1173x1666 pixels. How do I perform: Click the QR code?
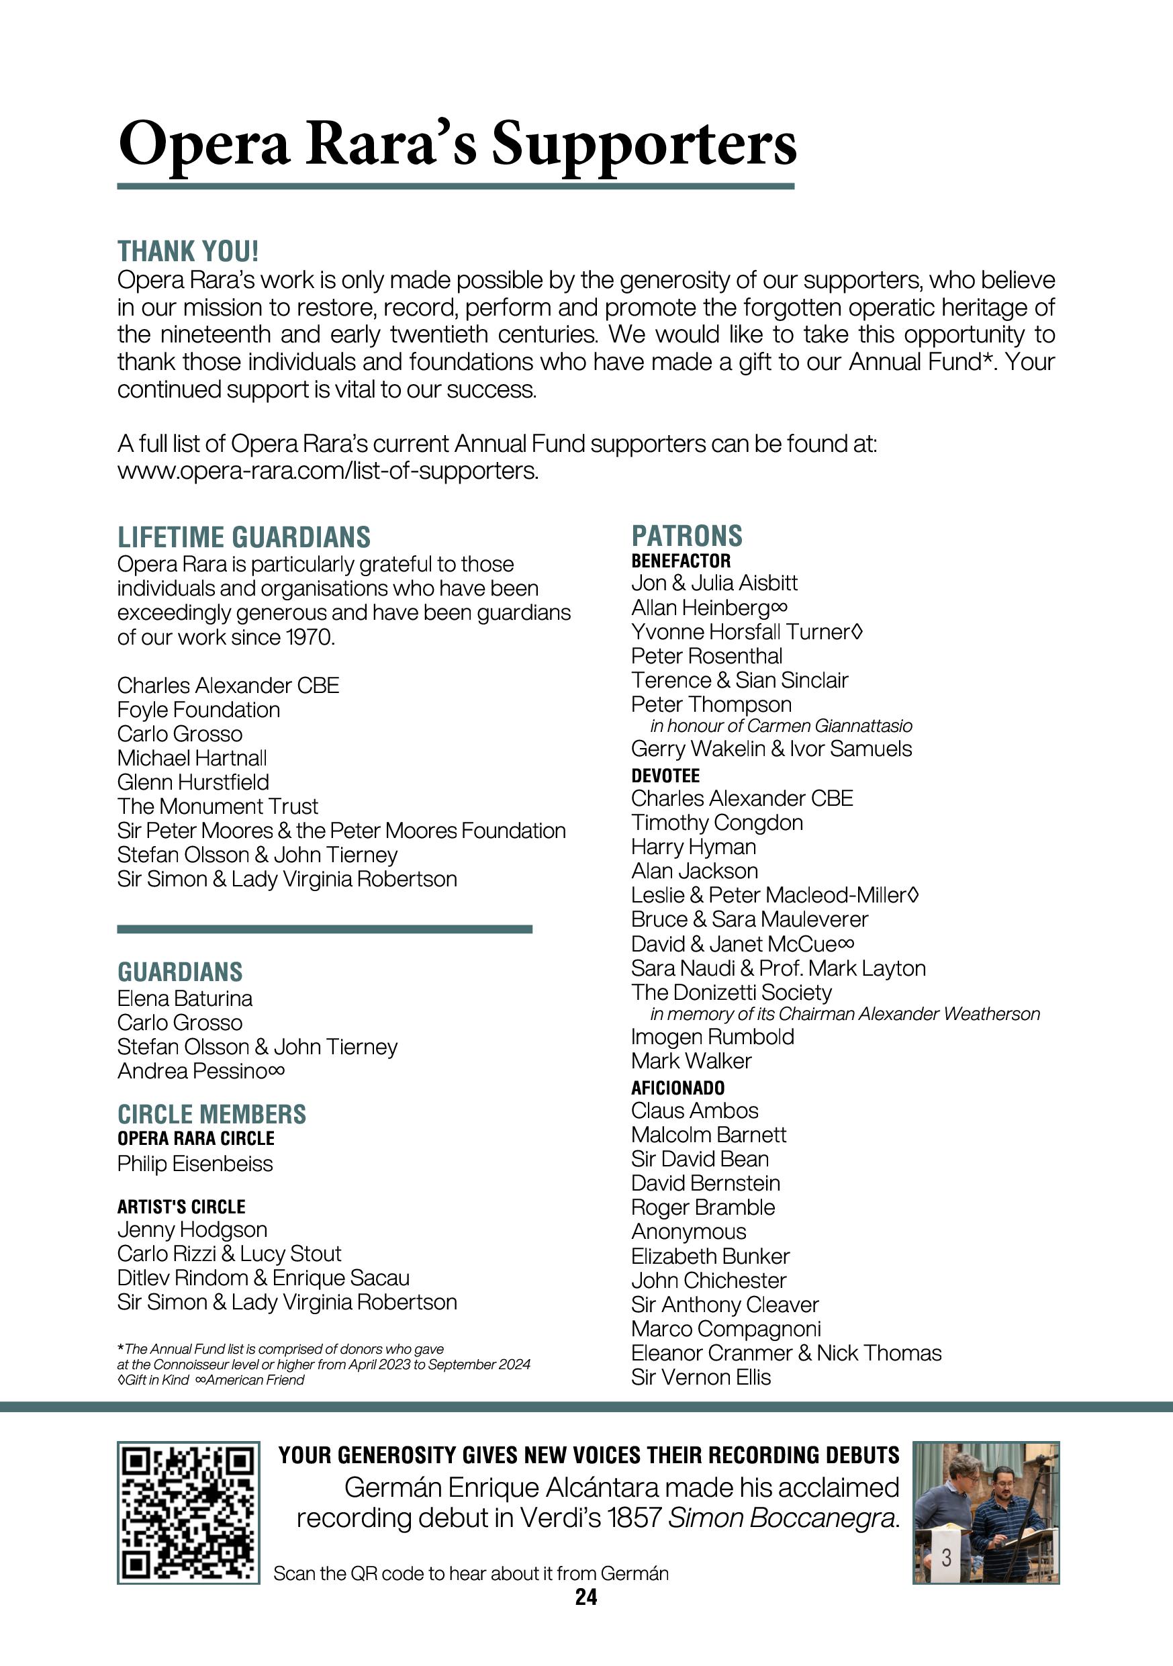pos(188,1512)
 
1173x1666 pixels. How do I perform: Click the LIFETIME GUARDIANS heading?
pos(244,538)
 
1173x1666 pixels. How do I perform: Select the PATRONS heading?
pos(686,537)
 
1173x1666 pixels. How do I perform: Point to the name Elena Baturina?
pos(185,999)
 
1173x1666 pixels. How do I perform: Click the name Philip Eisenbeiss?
pos(195,1164)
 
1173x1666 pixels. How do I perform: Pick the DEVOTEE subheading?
pos(665,776)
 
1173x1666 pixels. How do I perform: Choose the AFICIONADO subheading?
pos(677,1088)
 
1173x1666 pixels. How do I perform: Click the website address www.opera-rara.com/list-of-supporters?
pos(328,471)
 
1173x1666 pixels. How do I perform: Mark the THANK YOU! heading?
pos(188,252)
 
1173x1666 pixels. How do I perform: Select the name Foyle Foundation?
pos(199,710)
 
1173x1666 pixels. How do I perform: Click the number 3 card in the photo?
pos(946,1557)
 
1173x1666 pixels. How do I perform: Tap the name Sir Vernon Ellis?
pos(701,1377)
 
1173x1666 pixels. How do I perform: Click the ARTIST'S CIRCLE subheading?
pos(181,1207)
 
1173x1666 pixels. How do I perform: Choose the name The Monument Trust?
pos(218,806)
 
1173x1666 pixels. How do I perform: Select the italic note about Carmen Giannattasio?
pos(782,727)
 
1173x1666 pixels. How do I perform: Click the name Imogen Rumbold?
pos(712,1037)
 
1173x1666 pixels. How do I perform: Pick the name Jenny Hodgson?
pos(192,1230)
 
